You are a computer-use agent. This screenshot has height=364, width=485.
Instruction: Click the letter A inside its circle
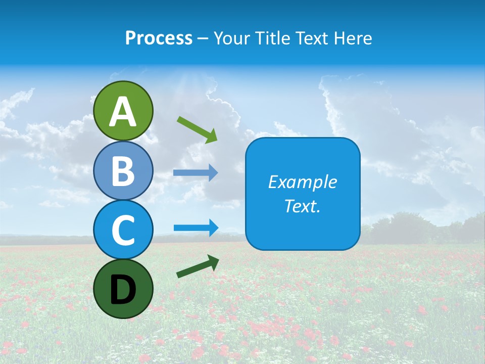point(123,112)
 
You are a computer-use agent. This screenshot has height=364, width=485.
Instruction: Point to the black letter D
point(123,290)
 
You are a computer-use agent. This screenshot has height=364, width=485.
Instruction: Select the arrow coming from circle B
point(196,173)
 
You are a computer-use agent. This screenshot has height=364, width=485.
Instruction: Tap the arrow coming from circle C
point(196,228)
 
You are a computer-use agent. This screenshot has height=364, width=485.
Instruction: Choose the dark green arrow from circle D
point(198,266)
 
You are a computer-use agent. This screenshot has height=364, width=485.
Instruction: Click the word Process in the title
point(159,38)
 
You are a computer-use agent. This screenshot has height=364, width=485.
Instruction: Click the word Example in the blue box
point(302,182)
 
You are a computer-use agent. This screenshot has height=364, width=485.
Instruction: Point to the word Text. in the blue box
point(302,206)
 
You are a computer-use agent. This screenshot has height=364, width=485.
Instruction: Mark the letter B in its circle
point(123,171)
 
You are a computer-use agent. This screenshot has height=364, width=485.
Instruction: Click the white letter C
point(123,231)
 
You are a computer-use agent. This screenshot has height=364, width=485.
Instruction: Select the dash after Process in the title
point(203,38)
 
